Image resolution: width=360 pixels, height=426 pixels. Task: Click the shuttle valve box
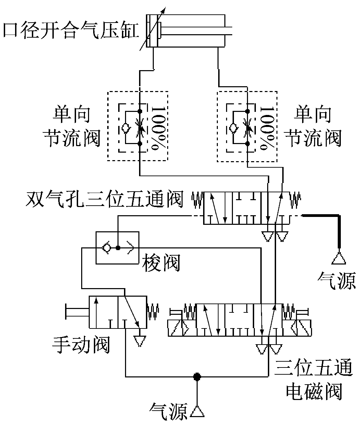coord(117,247)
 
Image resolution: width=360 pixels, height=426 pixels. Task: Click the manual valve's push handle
coord(76,312)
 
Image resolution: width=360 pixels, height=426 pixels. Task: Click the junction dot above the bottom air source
coord(197,376)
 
